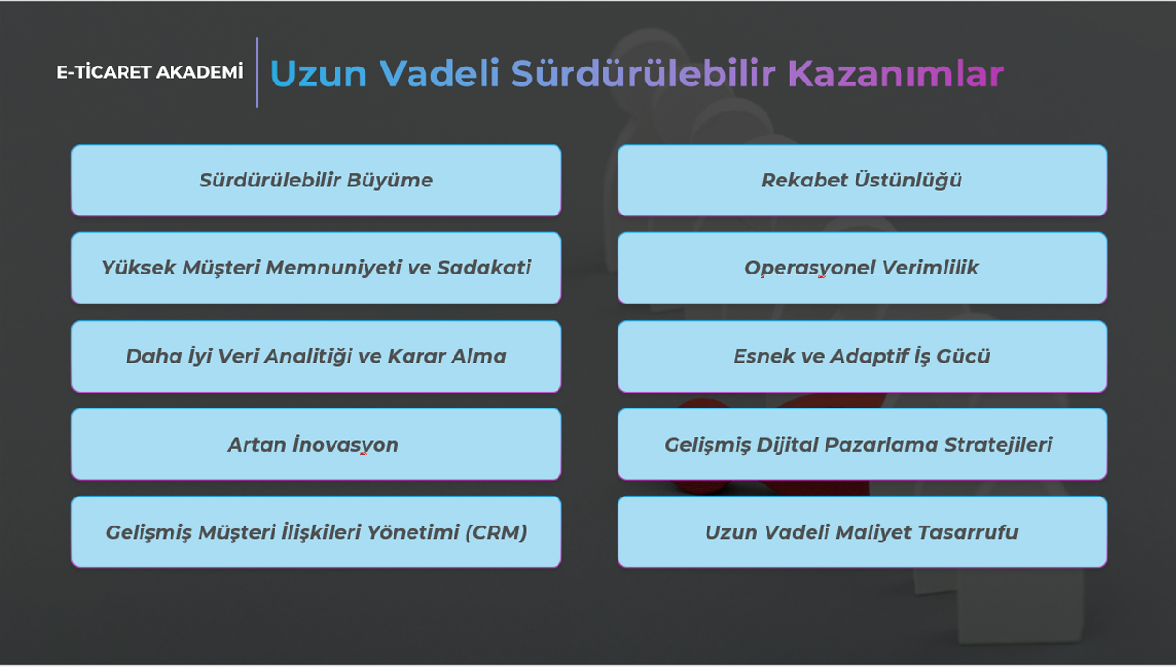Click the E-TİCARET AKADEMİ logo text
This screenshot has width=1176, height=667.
tap(150, 72)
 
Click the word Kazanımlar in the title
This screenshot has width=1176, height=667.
tap(896, 73)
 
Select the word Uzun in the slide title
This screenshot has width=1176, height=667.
tap(319, 73)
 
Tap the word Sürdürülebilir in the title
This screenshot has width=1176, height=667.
tap(643, 72)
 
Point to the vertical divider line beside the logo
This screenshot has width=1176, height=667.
tap(257, 72)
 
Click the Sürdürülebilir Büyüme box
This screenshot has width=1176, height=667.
tap(316, 181)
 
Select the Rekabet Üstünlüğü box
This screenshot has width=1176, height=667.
tap(862, 181)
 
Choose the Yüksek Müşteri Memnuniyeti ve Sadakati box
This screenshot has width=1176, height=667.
tap(316, 268)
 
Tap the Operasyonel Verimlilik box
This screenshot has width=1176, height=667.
tap(862, 268)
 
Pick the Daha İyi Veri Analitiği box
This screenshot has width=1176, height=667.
tap(316, 356)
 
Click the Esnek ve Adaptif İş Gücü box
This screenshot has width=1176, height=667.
tap(862, 356)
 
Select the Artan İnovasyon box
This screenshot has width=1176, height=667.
tap(316, 444)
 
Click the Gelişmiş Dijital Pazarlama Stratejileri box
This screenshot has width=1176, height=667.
tap(862, 444)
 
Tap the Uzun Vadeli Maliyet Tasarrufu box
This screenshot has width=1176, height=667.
tap(862, 531)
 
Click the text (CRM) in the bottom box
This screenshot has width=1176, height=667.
tap(496, 533)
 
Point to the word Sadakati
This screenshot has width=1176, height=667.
tap(484, 268)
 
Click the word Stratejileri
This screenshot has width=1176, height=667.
tap(998, 445)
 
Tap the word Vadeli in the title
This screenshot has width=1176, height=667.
tap(439, 73)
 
